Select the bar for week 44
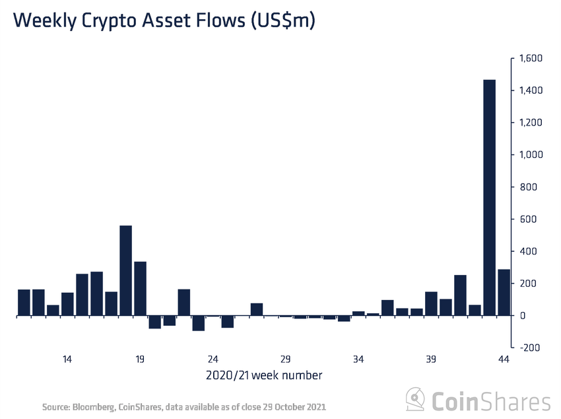click(504, 293)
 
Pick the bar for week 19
click(140, 289)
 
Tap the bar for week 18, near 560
click(125, 271)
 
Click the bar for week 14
click(67, 304)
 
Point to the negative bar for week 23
click(198, 323)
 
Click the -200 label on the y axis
click(530, 348)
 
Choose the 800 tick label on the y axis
click(527, 187)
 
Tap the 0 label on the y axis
click(522, 316)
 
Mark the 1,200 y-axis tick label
click(529, 123)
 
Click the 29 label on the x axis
click(286, 360)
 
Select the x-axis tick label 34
click(358, 360)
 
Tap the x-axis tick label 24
click(213, 360)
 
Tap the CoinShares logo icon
click(414, 400)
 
